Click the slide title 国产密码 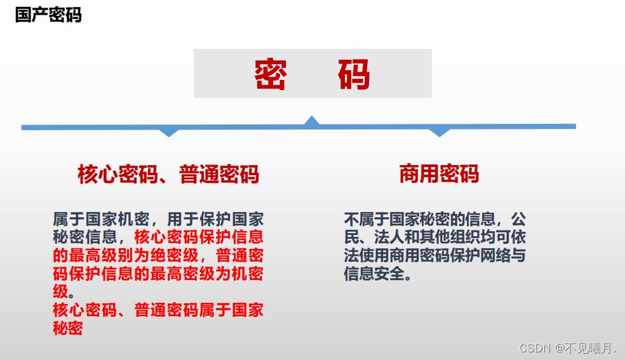48,15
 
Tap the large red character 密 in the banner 271,74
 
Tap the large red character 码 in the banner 354,74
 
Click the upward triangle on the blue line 311,120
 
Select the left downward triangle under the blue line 168,132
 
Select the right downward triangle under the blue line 439,132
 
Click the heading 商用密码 439,173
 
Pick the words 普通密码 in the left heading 219,174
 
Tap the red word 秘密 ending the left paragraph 68,329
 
